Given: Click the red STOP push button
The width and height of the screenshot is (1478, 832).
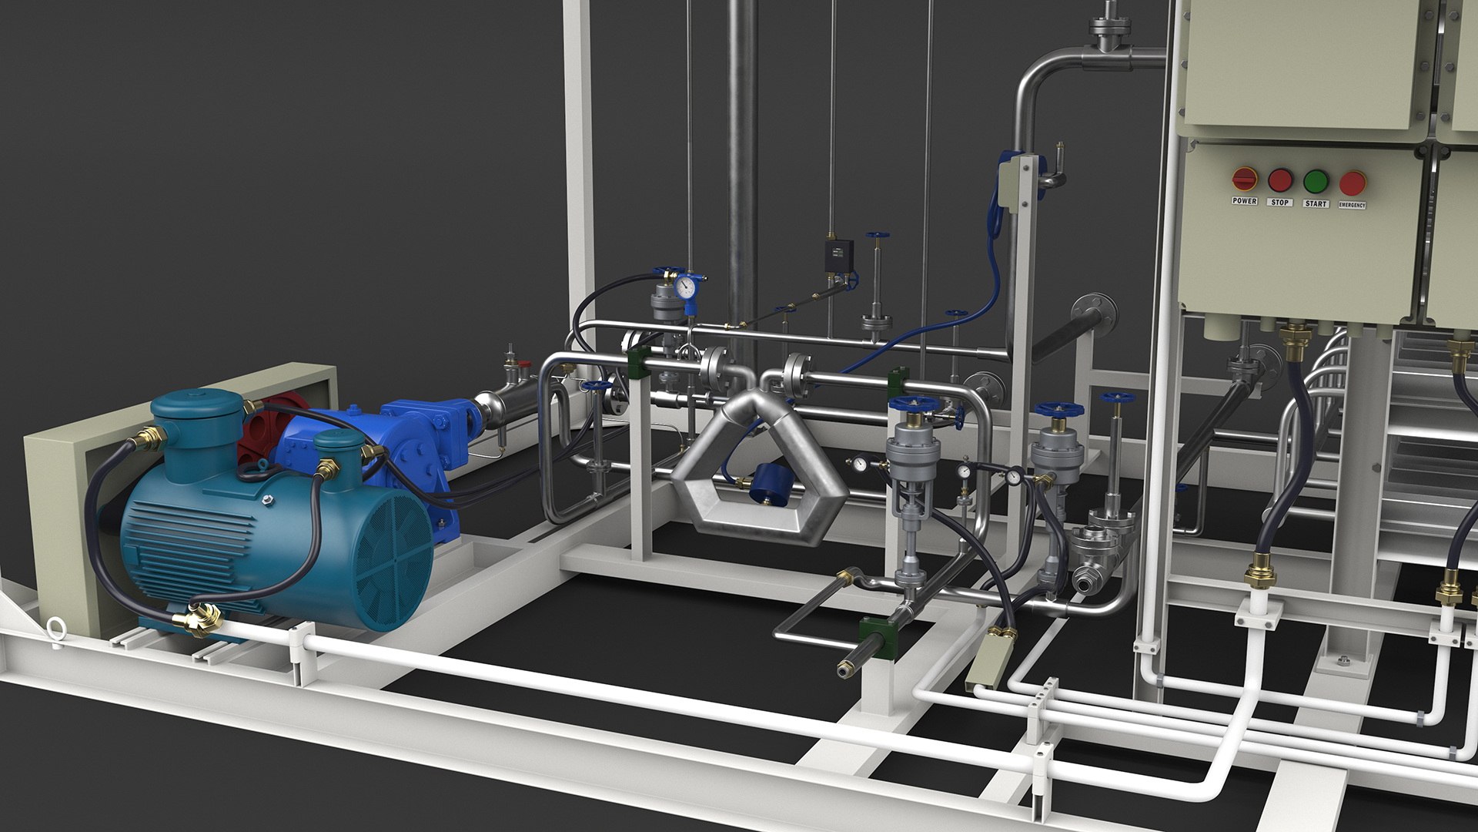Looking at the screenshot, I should coord(1279,180).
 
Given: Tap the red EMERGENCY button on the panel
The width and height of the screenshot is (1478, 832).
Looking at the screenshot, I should coord(1353,183).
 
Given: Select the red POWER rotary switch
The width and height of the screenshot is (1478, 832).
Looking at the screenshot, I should coord(1244,179).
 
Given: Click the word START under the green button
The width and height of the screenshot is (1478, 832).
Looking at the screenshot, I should coord(1316,204).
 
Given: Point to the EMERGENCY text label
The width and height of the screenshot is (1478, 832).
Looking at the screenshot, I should coord(1353,206).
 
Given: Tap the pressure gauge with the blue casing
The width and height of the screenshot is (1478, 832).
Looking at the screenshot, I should coord(684,287).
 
